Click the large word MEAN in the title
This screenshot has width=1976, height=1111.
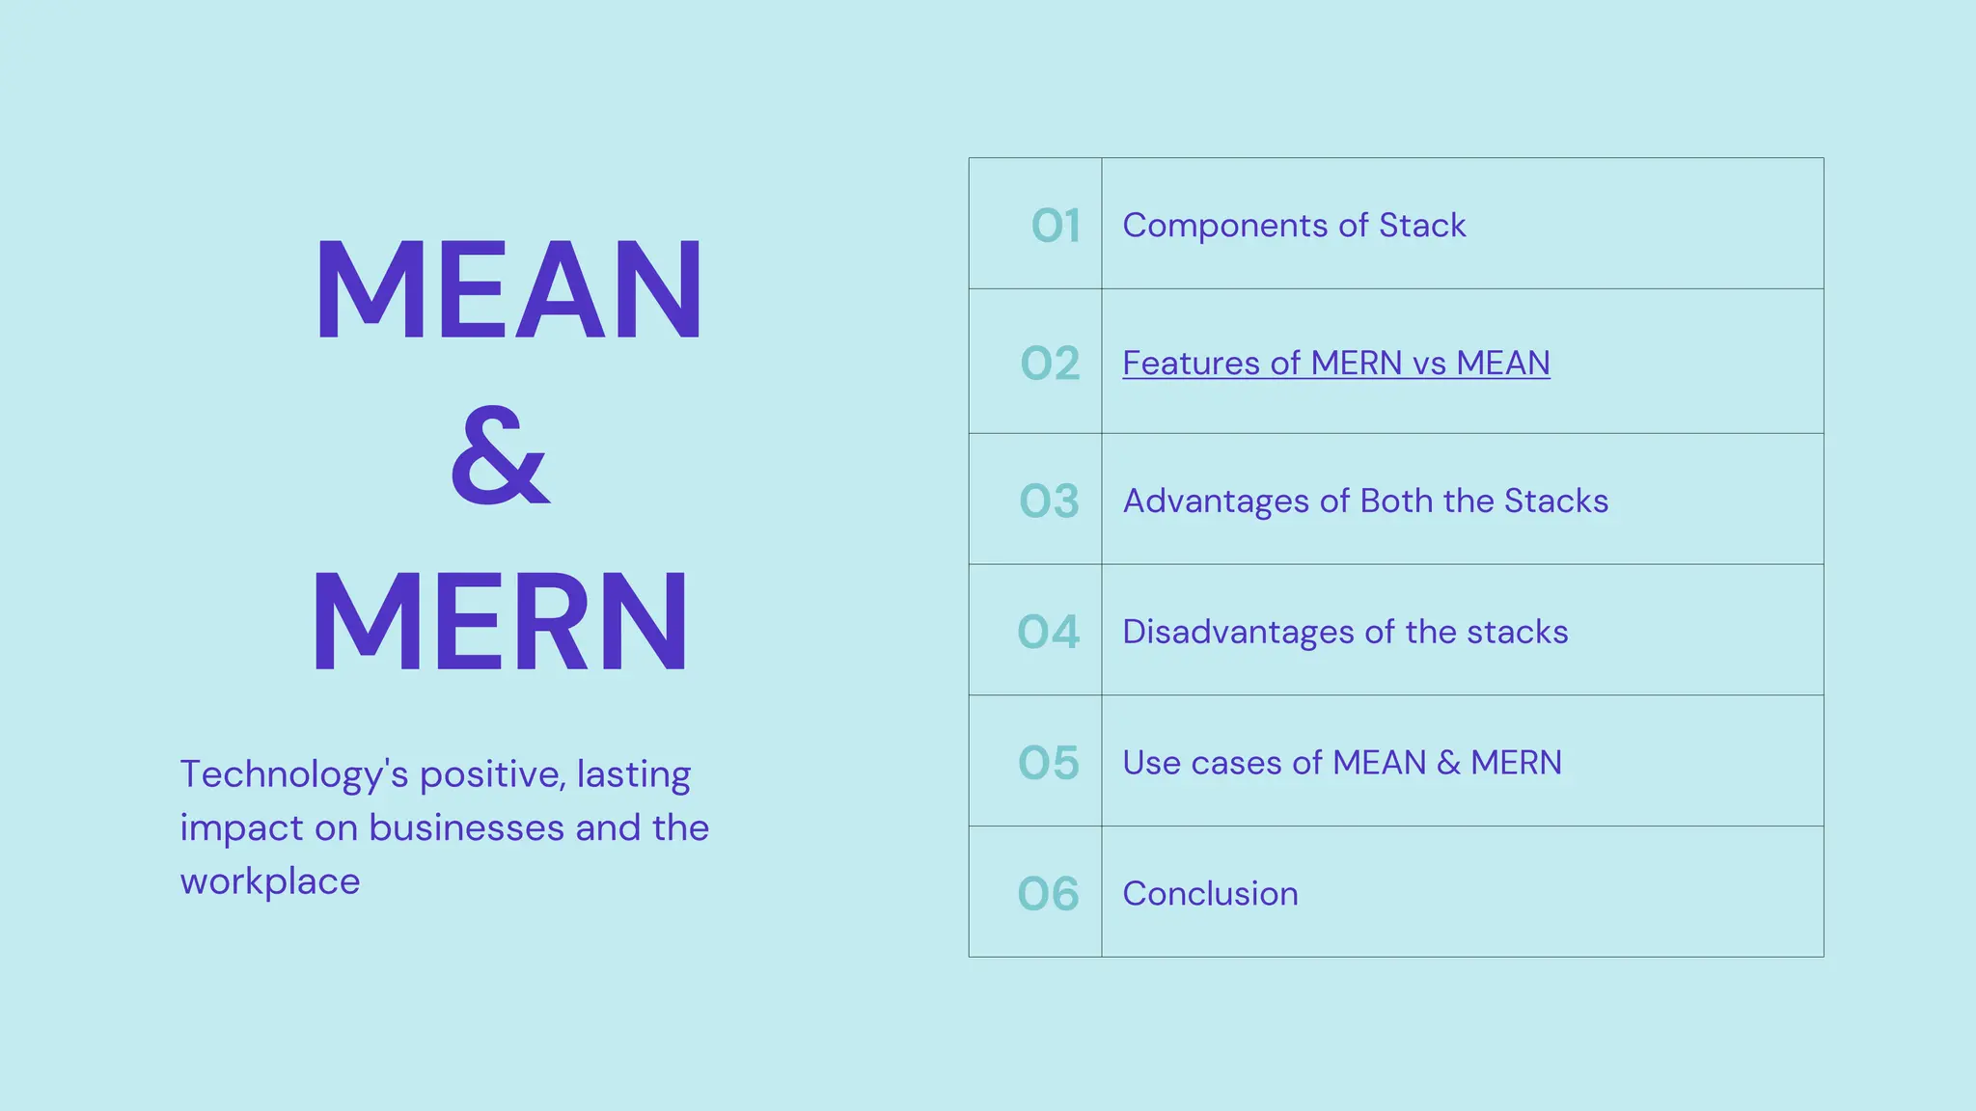508,290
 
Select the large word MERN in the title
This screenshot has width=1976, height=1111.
500,621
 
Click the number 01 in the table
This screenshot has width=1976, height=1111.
1056,226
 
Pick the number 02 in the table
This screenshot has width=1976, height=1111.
1050,364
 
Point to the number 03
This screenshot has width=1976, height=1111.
1049,501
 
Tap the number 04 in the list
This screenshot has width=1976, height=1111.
1048,633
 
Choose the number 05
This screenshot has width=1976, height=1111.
1048,763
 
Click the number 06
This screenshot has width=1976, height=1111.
1048,894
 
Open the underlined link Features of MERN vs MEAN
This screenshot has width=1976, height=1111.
1335,364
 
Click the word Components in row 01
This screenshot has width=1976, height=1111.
1224,226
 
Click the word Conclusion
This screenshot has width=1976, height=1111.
1210,894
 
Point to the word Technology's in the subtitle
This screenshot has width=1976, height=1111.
293,775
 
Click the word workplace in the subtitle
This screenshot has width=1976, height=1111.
270,882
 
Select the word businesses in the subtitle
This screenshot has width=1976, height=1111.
466,828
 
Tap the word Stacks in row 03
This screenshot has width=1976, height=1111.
1555,501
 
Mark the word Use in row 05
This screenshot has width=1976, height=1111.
1151,763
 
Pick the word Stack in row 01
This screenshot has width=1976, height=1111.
1421,226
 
